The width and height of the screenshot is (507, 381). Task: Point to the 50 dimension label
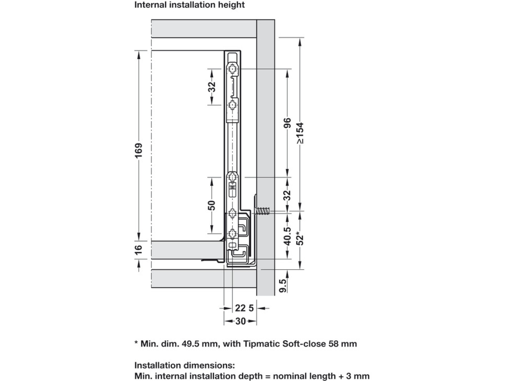[x=212, y=205]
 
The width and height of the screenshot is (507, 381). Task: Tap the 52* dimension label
[x=300, y=238]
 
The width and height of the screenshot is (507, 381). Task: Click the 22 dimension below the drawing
[x=240, y=308]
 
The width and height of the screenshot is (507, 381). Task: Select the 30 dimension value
[x=240, y=321]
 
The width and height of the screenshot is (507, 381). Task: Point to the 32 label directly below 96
[x=287, y=195]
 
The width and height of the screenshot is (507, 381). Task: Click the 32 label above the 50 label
[x=212, y=87]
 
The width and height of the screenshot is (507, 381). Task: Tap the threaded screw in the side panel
[x=263, y=211]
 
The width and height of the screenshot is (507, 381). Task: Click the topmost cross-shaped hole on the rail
[x=233, y=69]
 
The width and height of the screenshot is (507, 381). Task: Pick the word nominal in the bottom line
[x=290, y=376]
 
